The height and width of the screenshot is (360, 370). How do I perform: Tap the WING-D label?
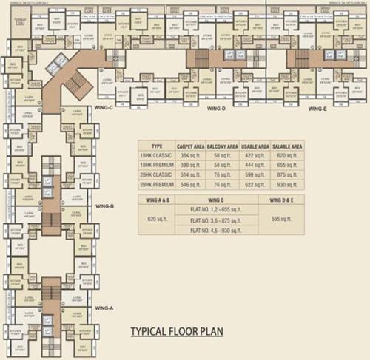(x=216, y=109)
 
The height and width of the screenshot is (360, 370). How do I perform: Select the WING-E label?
(x=317, y=109)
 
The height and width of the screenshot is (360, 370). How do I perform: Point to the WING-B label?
(x=105, y=206)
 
